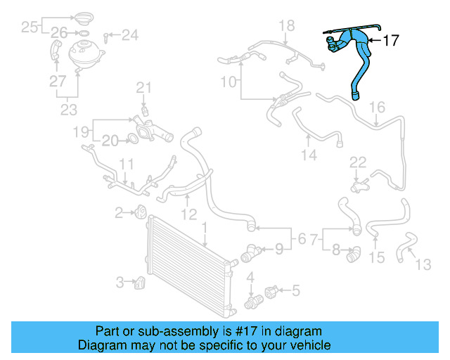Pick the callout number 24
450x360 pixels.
131,34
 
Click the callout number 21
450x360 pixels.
143,88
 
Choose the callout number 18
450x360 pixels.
286,26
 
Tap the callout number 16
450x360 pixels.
377,107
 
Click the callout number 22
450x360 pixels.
358,162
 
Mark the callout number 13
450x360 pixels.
423,265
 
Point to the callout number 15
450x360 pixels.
377,258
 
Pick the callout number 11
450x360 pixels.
125,165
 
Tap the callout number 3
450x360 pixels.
120,283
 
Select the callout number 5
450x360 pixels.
295,288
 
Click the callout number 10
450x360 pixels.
229,82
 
